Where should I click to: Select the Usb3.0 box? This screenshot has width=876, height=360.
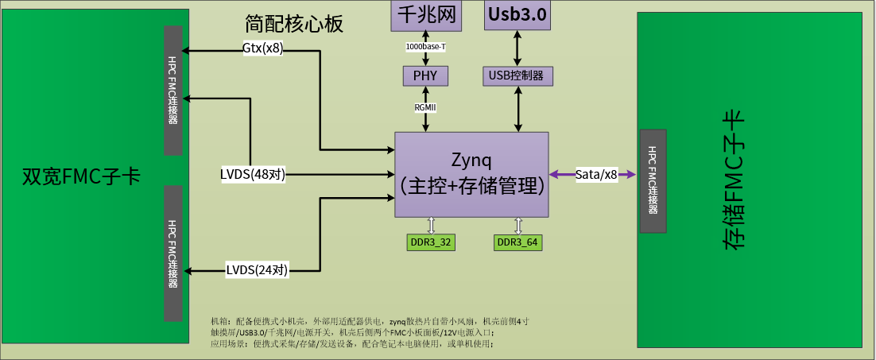tap(517, 15)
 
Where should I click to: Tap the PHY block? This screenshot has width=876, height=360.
tap(425, 75)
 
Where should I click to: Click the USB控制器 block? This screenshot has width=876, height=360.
tap(517, 75)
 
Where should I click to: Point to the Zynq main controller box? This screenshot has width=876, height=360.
tap(472, 174)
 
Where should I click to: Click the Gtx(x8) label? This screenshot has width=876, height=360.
tap(262, 48)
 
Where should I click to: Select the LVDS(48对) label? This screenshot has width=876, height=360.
tap(253, 174)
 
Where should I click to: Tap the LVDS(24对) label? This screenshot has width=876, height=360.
tap(257, 270)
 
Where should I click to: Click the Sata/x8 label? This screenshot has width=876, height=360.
tap(596, 175)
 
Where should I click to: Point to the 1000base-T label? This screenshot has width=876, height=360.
tap(425, 47)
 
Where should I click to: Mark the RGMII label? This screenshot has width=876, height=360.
tap(425, 107)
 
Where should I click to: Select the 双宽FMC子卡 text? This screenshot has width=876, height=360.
tap(81, 176)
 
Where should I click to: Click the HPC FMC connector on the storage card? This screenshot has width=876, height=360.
tap(653, 180)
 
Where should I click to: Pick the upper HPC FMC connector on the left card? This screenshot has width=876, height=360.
tap(173, 91)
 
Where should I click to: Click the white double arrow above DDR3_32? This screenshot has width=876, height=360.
tap(431, 226)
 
